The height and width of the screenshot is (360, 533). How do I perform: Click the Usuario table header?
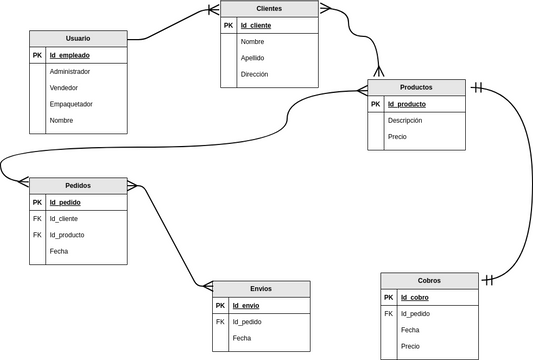pyautogui.click(x=78, y=38)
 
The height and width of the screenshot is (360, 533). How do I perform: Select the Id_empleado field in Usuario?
pyautogui.click(x=71, y=56)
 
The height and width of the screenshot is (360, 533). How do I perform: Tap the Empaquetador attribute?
pyautogui.click(x=71, y=104)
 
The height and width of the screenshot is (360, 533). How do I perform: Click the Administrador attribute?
pyautogui.click(x=70, y=72)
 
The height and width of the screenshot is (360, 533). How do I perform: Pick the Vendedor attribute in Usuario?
pyautogui.click(x=64, y=88)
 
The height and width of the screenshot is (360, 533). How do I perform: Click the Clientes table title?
pyautogui.click(x=269, y=8)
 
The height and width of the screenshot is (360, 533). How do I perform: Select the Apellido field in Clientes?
pyautogui.click(x=252, y=58)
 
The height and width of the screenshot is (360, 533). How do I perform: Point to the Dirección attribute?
pyautogui.click(x=254, y=74)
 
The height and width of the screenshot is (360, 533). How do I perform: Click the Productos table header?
pyautogui.click(x=416, y=87)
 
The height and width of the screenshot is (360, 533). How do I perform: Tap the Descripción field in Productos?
pyautogui.click(x=405, y=120)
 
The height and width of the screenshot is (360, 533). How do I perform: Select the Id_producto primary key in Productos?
pyautogui.click(x=407, y=104)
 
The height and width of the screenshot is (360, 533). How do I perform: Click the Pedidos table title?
pyautogui.click(x=78, y=185)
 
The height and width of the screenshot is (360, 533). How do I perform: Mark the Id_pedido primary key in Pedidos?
pyautogui.click(x=65, y=202)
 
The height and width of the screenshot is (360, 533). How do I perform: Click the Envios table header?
pyautogui.click(x=261, y=288)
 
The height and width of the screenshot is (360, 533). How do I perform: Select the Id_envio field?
pyautogui.click(x=245, y=305)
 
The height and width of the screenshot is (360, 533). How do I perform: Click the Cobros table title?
pyautogui.click(x=430, y=280)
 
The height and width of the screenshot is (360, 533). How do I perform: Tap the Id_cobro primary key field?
pyautogui.click(x=415, y=297)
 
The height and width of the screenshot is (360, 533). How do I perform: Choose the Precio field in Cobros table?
pyautogui.click(x=410, y=346)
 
